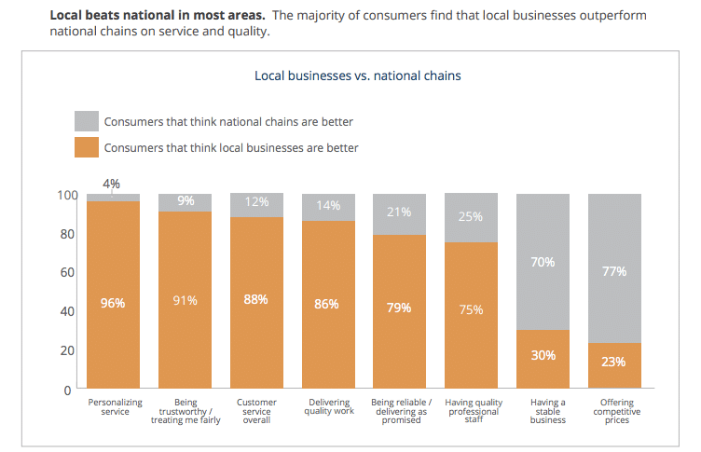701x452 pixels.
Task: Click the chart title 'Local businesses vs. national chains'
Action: click(x=357, y=75)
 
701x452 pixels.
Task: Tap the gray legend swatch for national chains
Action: click(x=86, y=121)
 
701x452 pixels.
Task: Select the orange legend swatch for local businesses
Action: click(x=86, y=147)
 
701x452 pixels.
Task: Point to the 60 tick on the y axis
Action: click(x=67, y=272)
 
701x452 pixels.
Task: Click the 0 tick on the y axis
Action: click(x=67, y=390)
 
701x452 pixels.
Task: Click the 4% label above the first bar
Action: click(x=111, y=184)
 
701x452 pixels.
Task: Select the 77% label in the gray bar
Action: click(x=613, y=271)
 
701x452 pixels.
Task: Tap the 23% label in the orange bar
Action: click(x=613, y=362)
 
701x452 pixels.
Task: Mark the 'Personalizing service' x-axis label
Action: click(x=113, y=406)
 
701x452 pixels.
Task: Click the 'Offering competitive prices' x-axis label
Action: click(x=615, y=411)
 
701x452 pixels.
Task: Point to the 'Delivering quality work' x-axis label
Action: click(x=329, y=406)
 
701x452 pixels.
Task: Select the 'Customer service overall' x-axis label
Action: click(x=256, y=411)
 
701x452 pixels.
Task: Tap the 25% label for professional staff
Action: click(x=471, y=216)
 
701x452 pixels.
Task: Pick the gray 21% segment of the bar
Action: click(x=399, y=212)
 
